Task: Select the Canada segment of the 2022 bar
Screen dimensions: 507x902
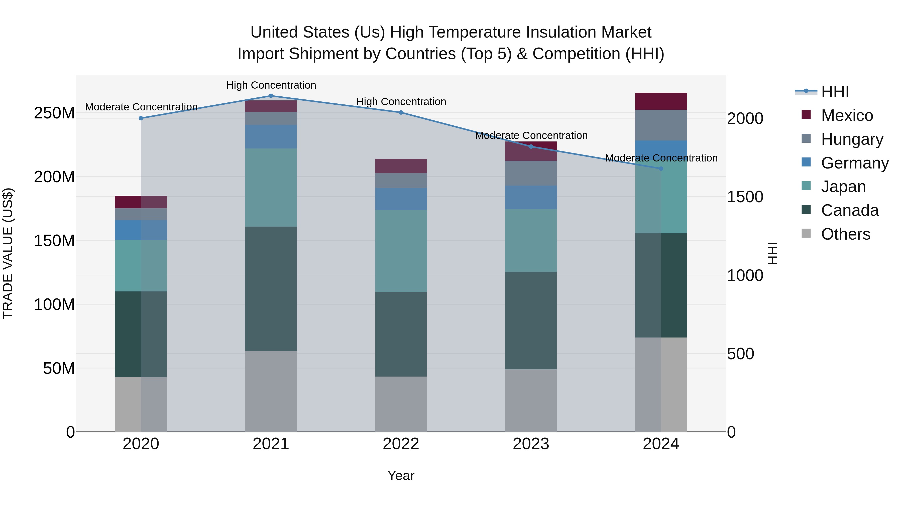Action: pos(401,334)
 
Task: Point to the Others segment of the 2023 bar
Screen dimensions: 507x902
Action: pos(531,400)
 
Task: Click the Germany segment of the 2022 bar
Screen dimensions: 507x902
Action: pos(401,199)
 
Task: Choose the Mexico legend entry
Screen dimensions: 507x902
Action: pos(847,115)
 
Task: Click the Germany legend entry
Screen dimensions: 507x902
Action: pos(854,163)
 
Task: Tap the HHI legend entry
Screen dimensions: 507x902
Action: pos(835,92)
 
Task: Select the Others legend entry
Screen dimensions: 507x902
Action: pos(845,234)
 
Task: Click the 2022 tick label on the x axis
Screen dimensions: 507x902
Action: pos(401,444)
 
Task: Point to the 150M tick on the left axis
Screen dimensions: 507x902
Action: pos(54,241)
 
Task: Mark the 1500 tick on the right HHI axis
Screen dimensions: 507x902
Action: pos(745,197)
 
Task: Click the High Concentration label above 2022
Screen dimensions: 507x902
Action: pos(401,102)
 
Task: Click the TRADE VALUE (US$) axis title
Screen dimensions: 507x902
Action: pos(8,253)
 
